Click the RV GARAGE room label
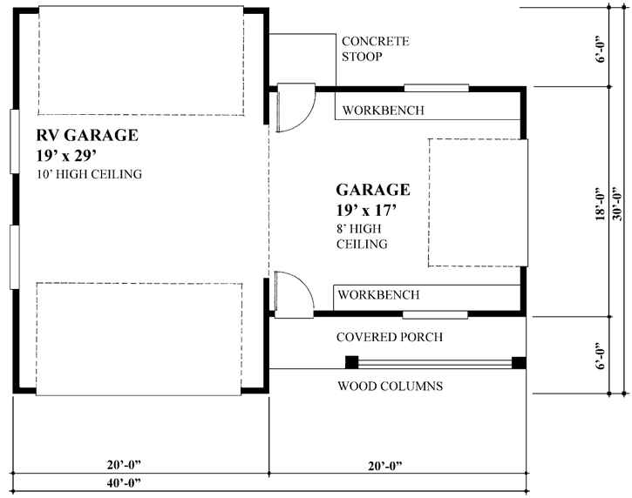pyautogui.click(x=86, y=135)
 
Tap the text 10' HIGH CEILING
pyautogui.click(x=89, y=174)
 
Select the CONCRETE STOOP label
pyautogui.click(x=375, y=49)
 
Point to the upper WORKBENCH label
pyautogui.click(x=383, y=111)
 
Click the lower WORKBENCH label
pyautogui.click(x=379, y=295)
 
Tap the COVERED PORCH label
pyautogui.click(x=390, y=337)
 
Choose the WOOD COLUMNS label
pyautogui.click(x=390, y=386)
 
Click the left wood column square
pyautogui.click(x=351, y=362)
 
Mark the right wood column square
pyautogui.click(x=519, y=362)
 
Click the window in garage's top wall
pyautogui.click(x=436, y=87)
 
